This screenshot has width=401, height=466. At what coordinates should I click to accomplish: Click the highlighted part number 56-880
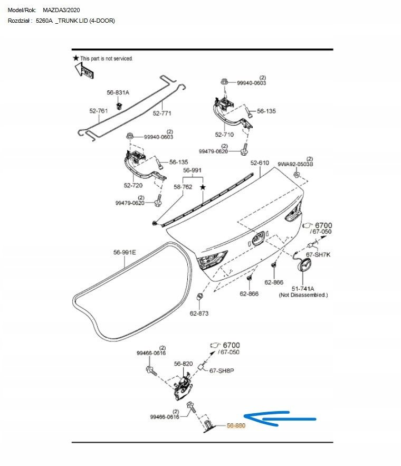point(236,425)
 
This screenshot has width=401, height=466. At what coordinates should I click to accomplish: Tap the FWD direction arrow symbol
point(83,70)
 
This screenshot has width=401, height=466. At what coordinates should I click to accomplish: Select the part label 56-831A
point(118,92)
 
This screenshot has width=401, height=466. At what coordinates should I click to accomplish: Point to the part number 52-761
point(98,111)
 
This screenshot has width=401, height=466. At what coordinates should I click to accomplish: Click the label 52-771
point(163,113)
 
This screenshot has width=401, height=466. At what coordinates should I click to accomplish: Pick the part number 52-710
point(224,135)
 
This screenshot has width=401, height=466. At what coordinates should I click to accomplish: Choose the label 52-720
point(133,185)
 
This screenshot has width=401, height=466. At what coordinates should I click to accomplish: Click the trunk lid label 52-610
point(260,163)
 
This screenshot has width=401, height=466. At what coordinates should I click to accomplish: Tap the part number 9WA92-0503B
point(295,164)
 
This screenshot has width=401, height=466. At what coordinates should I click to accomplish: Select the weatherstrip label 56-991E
point(125,252)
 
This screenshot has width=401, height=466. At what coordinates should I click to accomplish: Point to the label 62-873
point(199,313)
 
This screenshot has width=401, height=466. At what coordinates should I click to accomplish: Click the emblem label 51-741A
point(303,289)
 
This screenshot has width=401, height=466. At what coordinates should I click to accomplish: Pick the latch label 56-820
point(184,364)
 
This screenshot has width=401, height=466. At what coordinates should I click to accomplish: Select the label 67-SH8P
point(222,370)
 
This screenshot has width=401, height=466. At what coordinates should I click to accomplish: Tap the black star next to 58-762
point(202,187)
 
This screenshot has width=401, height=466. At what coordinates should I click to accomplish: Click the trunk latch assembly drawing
point(183,388)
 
